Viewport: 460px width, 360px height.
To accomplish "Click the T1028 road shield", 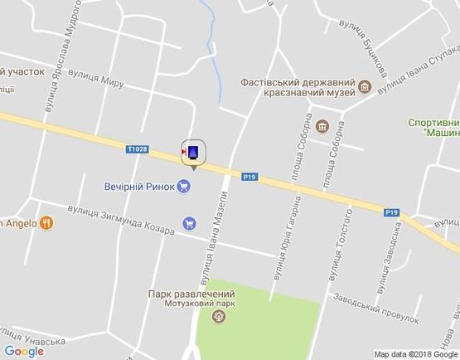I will (x=138, y=149).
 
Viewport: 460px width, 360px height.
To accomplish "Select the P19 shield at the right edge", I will (x=392, y=212).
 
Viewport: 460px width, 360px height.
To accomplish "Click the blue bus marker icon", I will (x=194, y=152).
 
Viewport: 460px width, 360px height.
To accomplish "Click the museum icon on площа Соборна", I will (x=322, y=127).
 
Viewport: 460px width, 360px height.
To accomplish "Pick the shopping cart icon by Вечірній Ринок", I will (x=184, y=186).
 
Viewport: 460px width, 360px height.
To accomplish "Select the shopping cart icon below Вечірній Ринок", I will (x=190, y=222).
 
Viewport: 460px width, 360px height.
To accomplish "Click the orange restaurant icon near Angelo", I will (x=46, y=222).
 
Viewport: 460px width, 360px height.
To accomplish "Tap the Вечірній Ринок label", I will (x=140, y=186).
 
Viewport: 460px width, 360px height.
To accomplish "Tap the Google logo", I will (x=24, y=351).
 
